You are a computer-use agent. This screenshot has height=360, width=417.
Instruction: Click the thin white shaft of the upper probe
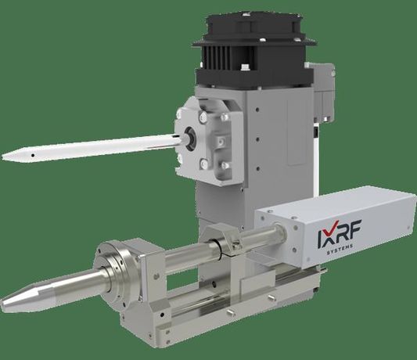point(94,148)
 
